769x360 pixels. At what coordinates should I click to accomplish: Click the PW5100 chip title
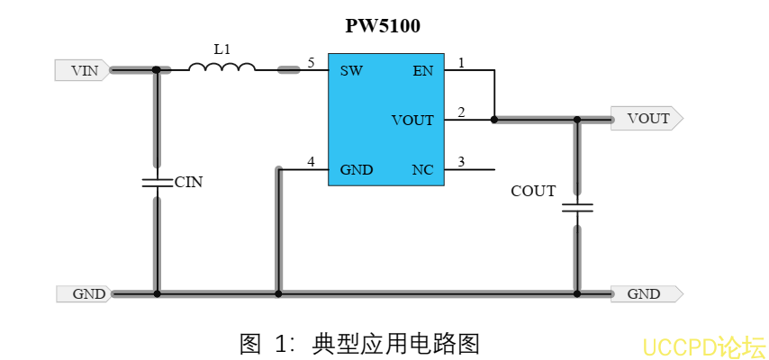tap(383, 26)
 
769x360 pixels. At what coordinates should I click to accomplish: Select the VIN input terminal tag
tap(83, 70)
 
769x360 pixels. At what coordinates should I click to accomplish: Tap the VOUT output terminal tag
tap(647, 119)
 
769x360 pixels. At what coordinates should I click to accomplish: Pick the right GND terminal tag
tap(645, 293)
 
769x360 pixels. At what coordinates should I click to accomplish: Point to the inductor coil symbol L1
tap(222, 67)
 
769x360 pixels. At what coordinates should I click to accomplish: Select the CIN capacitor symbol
tap(157, 183)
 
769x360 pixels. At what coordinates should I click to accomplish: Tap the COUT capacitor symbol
tap(577, 209)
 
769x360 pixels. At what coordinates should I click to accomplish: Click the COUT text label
tap(533, 191)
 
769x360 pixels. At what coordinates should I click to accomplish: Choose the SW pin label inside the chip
tap(351, 71)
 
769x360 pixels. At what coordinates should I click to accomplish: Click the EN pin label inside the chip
tap(422, 71)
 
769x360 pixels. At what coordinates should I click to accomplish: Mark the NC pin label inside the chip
tap(422, 169)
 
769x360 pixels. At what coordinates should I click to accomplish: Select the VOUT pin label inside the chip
tap(412, 120)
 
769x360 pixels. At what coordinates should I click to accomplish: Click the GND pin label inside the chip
tap(357, 169)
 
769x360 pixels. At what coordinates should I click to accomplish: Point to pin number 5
tap(311, 63)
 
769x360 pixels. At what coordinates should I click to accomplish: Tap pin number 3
tap(461, 162)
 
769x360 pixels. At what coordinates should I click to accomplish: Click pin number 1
tap(461, 63)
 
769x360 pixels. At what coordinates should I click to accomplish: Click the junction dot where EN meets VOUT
tap(494, 119)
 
